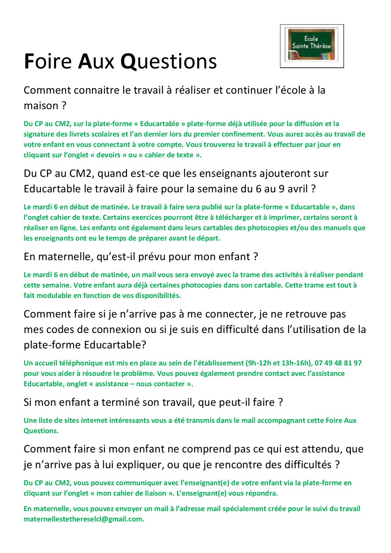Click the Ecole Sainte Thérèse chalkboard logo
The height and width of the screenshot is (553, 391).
click(312, 46)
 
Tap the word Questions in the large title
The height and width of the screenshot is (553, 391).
click(169, 61)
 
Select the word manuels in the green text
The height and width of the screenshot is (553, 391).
click(333, 228)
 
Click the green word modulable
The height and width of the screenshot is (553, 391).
click(48, 296)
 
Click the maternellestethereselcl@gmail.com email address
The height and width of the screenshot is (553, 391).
click(84, 520)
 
